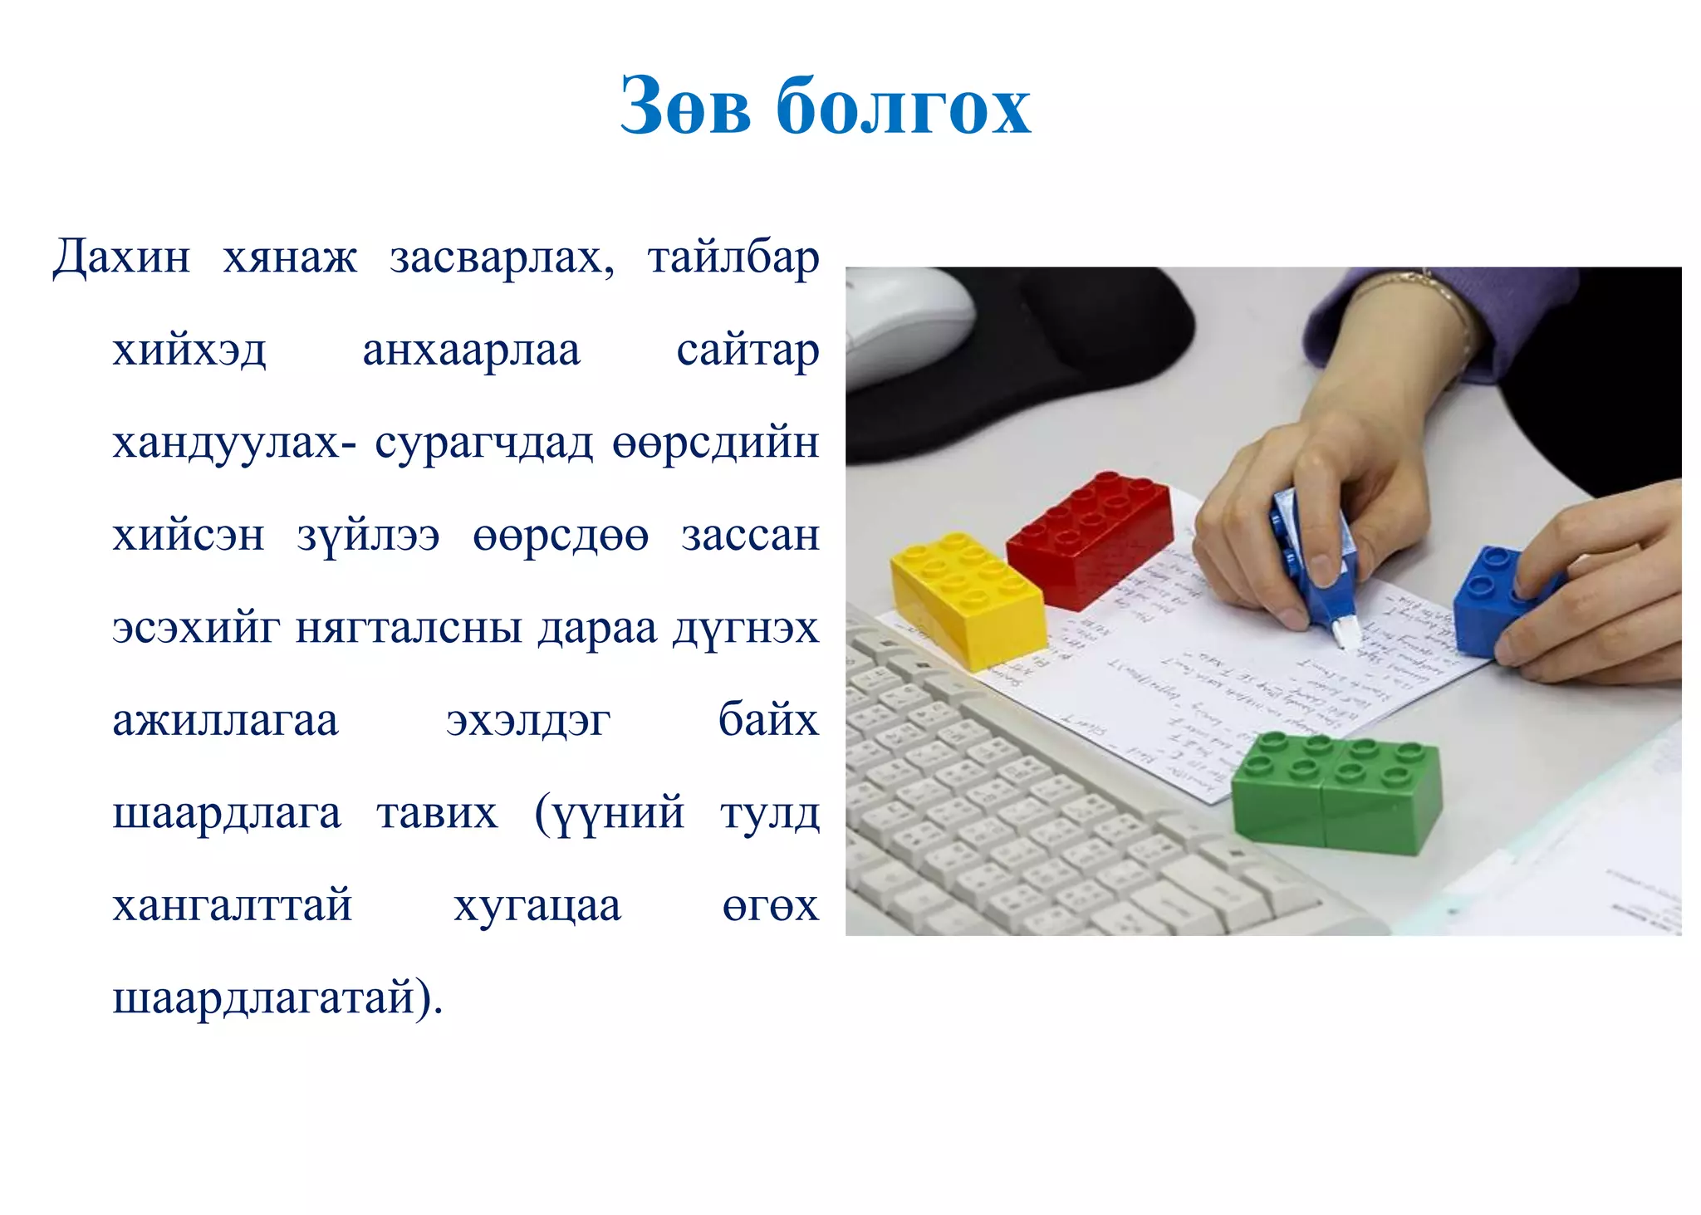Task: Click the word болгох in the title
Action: point(904,106)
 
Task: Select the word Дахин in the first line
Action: point(121,257)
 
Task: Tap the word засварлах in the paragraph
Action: point(501,257)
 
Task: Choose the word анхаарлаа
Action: point(471,350)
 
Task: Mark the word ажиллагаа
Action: point(225,719)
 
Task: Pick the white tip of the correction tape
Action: point(1345,634)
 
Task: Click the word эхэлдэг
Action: point(528,721)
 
